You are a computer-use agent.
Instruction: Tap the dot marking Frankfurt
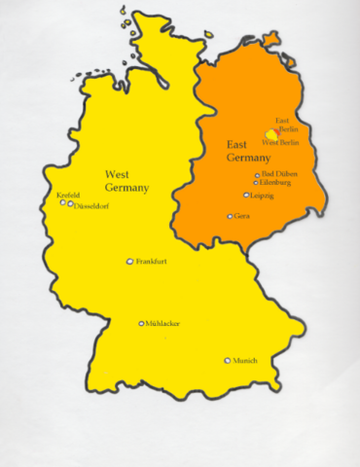click(130, 262)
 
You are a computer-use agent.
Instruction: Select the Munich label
click(245, 361)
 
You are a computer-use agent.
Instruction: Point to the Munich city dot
click(228, 360)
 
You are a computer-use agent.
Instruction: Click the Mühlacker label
click(162, 324)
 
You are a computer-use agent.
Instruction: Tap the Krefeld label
click(68, 195)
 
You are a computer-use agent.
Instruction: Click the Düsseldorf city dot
click(70, 204)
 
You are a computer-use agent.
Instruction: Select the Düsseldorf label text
click(92, 205)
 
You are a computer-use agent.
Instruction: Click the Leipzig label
click(262, 196)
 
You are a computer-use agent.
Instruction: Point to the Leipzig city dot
click(246, 195)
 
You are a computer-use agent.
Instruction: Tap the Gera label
click(242, 216)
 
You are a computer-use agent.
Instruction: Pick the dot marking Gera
click(230, 216)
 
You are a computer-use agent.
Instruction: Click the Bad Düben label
click(280, 174)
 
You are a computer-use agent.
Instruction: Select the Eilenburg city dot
click(256, 183)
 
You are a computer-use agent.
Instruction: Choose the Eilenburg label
click(276, 183)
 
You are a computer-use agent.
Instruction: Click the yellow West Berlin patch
click(271, 134)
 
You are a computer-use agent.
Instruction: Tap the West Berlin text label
click(281, 143)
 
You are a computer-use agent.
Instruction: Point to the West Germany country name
click(126, 181)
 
